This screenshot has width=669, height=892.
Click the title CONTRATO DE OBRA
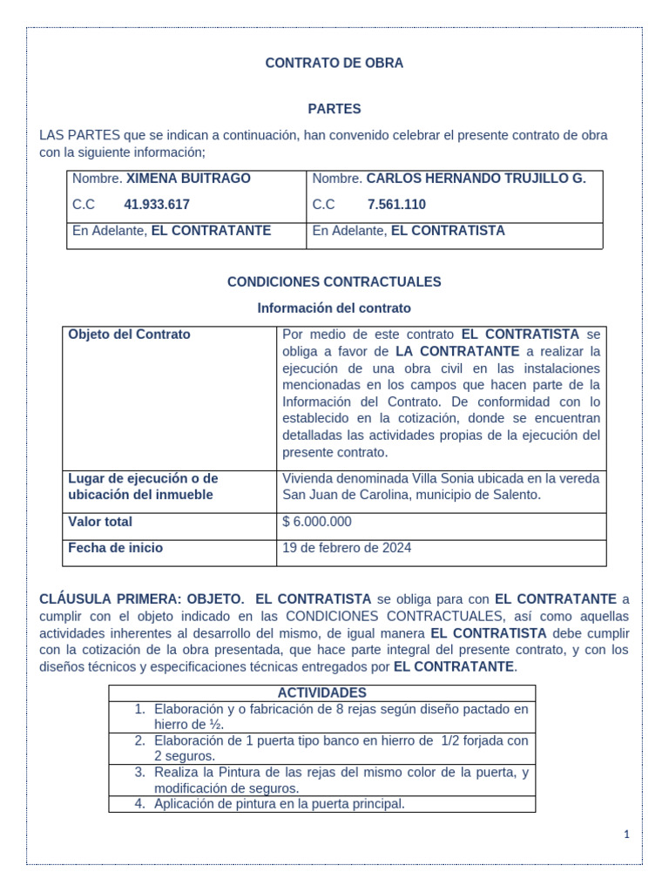click(334, 64)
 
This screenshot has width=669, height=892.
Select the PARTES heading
click(334, 109)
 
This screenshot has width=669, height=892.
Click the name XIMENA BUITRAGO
click(188, 179)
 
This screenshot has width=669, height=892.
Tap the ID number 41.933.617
click(157, 205)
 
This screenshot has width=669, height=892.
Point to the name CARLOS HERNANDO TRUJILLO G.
click(476, 179)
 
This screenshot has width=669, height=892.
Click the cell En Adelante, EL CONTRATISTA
click(408, 231)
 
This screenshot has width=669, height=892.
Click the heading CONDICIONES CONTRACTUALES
click(334, 282)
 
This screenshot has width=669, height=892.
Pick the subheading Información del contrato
click(334, 308)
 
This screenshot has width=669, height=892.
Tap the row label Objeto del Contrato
click(129, 334)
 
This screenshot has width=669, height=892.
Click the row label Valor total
click(100, 522)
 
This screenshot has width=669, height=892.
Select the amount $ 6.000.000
click(317, 522)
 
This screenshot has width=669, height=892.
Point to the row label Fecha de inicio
click(115, 548)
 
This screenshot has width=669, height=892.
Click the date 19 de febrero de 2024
click(347, 548)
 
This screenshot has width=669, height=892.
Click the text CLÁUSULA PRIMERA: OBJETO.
click(142, 599)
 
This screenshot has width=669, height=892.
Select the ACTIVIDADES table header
click(321, 693)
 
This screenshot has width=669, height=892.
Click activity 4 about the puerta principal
click(279, 804)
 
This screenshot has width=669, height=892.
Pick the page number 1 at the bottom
click(625, 835)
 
